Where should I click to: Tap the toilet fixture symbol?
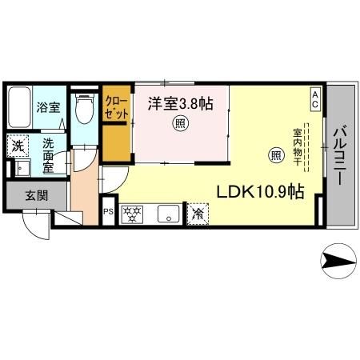(x=82, y=107)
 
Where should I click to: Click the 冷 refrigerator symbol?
(x=197, y=214)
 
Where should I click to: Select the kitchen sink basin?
(x=167, y=214)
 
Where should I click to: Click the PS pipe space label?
(x=107, y=213)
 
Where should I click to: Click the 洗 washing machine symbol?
(x=17, y=146)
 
